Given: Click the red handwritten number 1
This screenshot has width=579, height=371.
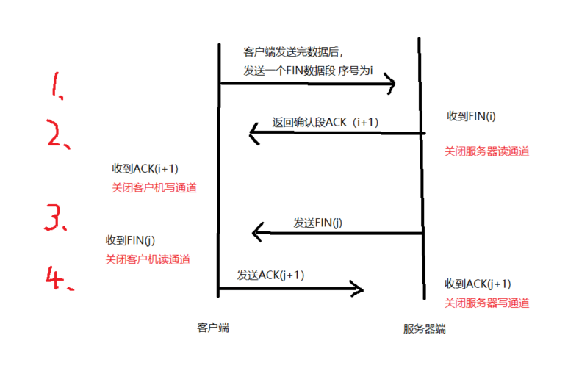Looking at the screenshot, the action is [55, 86].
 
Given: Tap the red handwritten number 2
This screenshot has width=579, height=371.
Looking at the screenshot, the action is [57, 134].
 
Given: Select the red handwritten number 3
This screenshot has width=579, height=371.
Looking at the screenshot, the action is [54, 217].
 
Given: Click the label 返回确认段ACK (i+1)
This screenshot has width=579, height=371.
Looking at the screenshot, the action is [326, 122].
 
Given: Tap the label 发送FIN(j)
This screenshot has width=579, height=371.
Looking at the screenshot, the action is [317, 223].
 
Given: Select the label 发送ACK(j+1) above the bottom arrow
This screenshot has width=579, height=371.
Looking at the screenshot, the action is [270, 275].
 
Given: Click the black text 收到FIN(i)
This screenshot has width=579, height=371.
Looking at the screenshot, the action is [471, 116].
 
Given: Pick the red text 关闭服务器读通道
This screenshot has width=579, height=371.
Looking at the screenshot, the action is [486, 151].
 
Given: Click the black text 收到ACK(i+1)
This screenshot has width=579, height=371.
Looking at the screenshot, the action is [145, 169].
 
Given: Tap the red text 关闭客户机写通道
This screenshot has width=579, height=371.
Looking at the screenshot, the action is [154, 188].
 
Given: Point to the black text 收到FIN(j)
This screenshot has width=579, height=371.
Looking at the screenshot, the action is [130, 240].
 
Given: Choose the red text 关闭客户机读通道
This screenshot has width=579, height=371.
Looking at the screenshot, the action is [148, 259].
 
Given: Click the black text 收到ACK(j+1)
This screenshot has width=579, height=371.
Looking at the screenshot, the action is [478, 284].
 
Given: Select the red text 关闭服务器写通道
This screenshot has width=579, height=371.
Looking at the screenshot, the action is [486, 303].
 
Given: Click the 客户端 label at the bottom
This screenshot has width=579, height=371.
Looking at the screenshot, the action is [213, 328].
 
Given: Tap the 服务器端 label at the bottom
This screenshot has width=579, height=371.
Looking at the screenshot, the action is [424, 328].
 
